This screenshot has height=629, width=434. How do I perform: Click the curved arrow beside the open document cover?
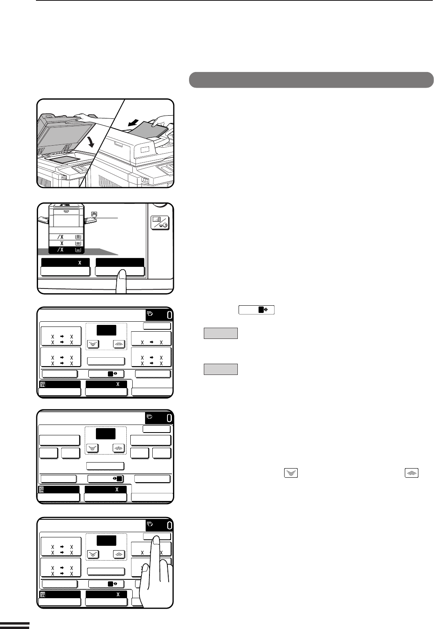coord(91,142)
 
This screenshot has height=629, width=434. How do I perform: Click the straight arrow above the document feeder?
coord(133,123)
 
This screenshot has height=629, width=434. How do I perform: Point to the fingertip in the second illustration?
coord(122,274)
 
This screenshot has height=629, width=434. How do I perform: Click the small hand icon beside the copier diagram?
coord(94,214)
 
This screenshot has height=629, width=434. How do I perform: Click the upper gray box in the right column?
coord(221,333)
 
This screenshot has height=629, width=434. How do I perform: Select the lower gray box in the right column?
coord(221,369)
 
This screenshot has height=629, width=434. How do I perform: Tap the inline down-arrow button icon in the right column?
coord(291,473)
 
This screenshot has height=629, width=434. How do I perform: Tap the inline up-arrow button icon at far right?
coord(412,473)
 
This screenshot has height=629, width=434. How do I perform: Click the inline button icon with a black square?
coord(257,310)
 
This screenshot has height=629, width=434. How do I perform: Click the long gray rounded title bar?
coord(311,80)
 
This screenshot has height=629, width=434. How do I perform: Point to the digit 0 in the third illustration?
coord(169,315)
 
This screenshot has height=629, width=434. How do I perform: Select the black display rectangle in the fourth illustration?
coord(106,434)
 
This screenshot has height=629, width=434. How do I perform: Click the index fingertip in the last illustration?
coord(156,539)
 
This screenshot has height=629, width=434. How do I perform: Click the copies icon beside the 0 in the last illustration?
coord(150,524)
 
